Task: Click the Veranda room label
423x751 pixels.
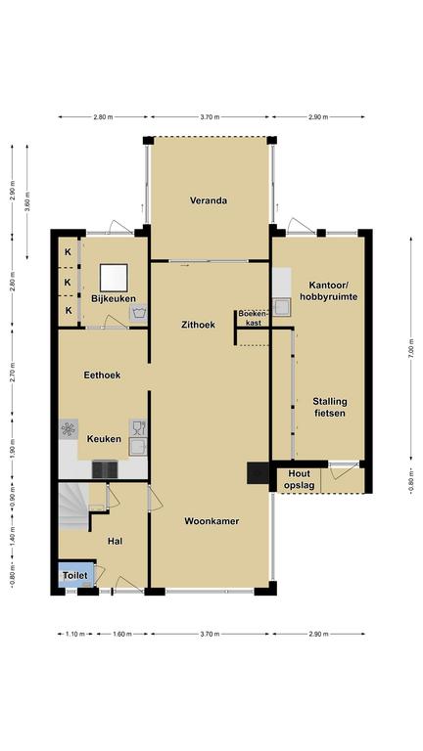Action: pyautogui.click(x=209, y=200)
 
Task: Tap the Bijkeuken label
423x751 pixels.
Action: pyautogui.click(x=114, y=298)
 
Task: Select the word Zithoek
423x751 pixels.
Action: pyautogui.click(x=198, y=325)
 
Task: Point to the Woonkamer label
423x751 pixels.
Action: pyautogui.click(x=211, y=521)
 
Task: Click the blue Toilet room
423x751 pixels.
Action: pyautogui.click(x=76, y=575)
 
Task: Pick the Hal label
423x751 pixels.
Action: pyautogui.click(x=116, y=541)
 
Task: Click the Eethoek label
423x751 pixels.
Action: pyautogui.click(x=102, y=375)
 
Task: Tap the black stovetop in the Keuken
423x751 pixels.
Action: pyautogui.click(x=105, y=469)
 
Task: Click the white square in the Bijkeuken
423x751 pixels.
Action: pyautogui.click(x=114, y=278)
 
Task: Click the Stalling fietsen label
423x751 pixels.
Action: pyautogui.click(x=330, y=407)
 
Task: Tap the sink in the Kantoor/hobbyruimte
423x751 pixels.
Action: pyautogui.click(x=282, y=307)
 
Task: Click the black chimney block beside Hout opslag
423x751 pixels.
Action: pyautogui.click(x=258, y=472)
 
